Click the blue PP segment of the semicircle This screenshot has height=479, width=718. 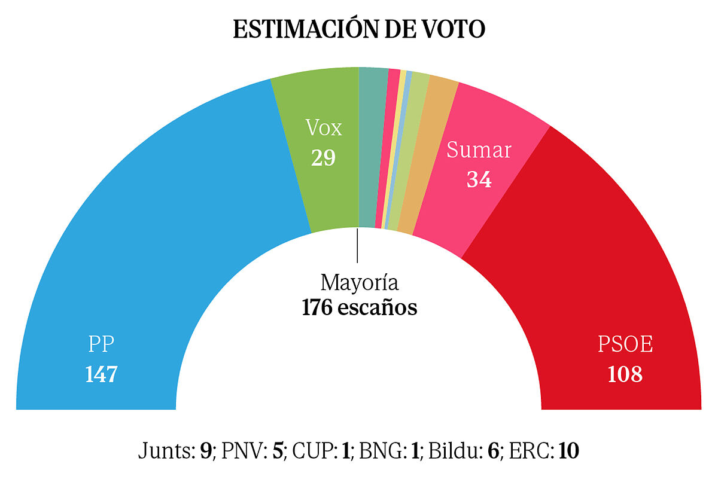[150, 239]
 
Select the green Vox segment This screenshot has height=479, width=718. [323, 179]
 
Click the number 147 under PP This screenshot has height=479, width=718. [101, 374]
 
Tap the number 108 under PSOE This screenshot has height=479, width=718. [625, 374]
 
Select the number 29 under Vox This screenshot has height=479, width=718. [323, 158]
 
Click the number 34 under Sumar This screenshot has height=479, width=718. [479, 179]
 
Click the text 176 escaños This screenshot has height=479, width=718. [359, 308]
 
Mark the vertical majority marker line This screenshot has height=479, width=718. [357, 245]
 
